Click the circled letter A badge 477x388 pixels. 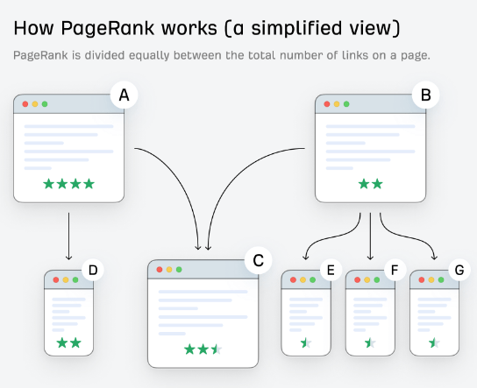(125, 95)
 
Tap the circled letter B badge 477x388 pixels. (425, 95)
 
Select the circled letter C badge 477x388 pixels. (259, 260)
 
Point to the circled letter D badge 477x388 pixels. (93, 270)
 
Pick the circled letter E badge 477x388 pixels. (331, 270)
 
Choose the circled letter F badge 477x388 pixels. (395, 270)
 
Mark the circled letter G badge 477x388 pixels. (459, 270)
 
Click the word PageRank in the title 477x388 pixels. (108, 28)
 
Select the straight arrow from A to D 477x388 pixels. (68, 236)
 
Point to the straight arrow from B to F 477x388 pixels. (370, 236)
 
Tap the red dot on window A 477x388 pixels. (25, 104)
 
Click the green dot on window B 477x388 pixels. (346, 104)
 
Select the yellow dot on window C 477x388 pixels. (169, 270)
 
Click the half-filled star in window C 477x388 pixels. (217, 349)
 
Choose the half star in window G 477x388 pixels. (434, 343)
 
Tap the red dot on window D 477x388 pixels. (56, 280)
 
